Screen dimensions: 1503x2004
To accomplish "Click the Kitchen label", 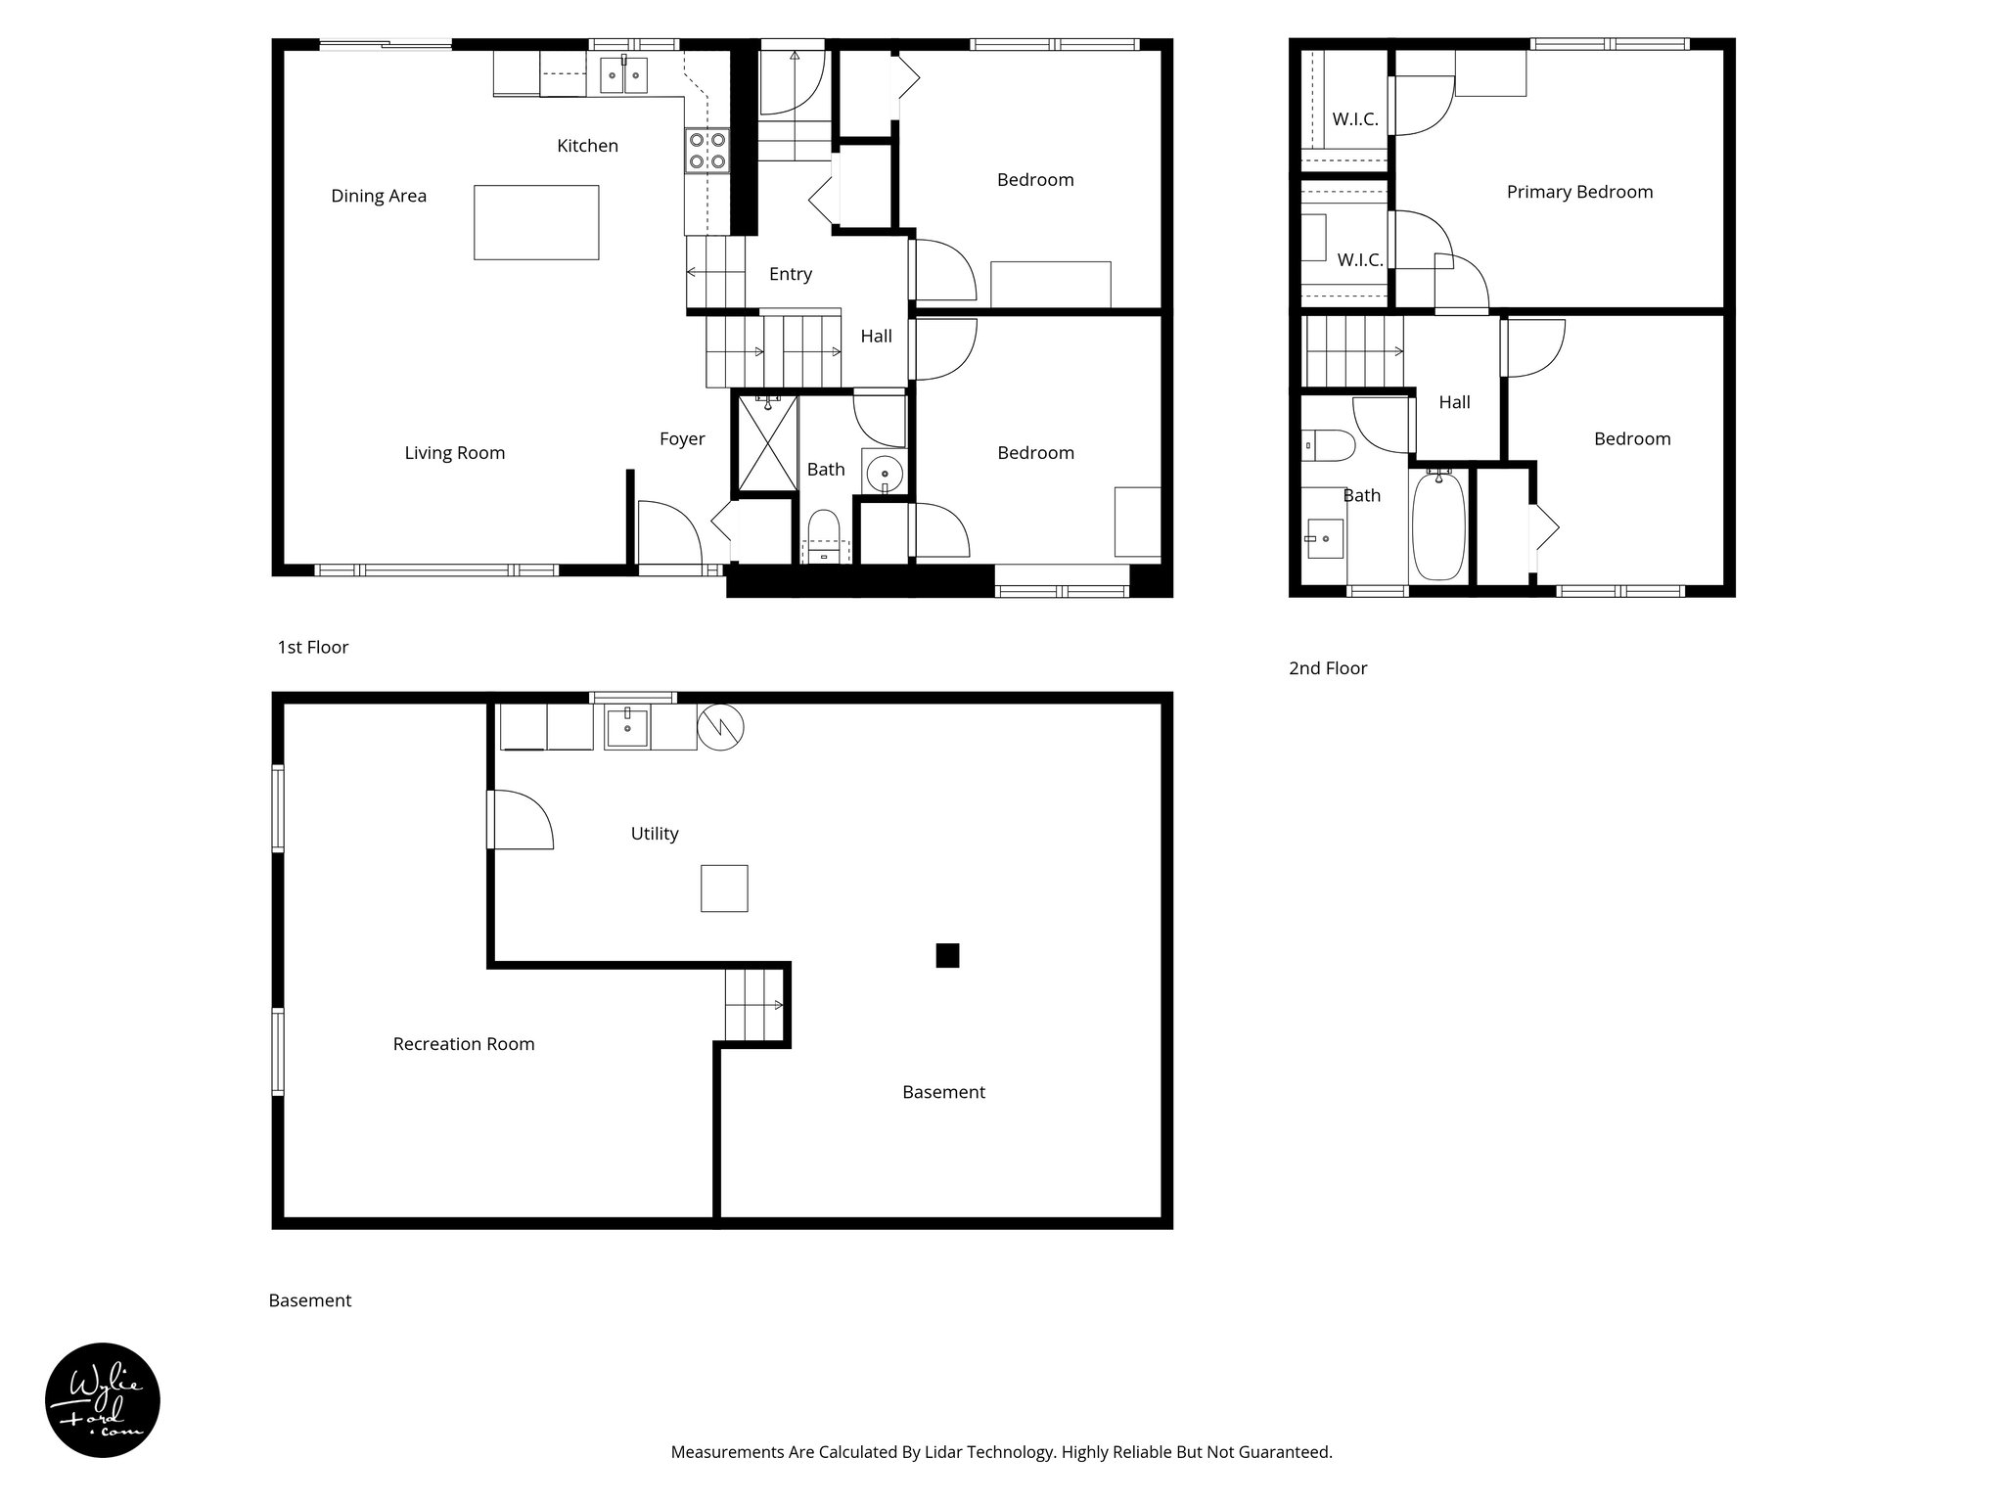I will point(587,146).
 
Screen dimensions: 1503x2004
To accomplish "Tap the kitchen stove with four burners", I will point(707,151).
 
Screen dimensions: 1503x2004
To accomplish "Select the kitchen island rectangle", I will point(536,222).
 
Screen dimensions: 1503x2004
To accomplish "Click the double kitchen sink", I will point(623,74).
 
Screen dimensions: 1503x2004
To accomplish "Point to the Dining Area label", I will point(379,196).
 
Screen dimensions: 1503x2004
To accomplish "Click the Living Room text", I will point(455,453).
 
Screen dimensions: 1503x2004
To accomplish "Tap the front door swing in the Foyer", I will point(668,534).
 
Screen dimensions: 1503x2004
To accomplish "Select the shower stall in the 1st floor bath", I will point(766,442).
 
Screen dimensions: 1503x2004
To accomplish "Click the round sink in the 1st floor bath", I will point(885,472).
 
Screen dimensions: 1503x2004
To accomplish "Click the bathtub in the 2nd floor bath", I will point(1438,525).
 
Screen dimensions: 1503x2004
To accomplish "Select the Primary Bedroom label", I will point(1579,192).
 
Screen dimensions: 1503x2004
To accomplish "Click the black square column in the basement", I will point(947,955).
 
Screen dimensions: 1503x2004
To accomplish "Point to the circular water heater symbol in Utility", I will point(720,728).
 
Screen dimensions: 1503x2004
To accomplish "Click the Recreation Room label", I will point(464,1044).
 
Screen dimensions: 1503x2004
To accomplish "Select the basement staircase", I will point(754,1004).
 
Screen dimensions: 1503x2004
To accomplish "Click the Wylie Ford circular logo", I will point(103,1400).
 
